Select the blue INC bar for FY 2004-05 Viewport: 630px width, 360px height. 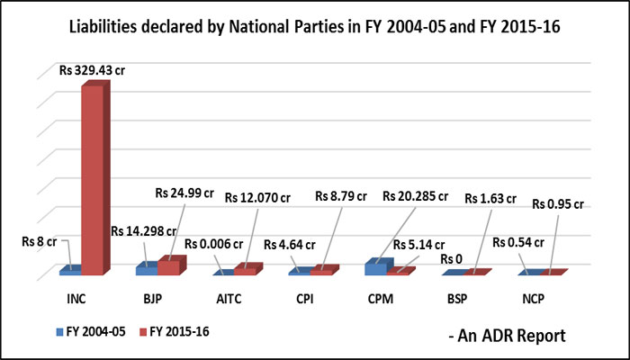click(x=70, y=270)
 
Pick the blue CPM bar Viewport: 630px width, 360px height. click(x=375, y=267)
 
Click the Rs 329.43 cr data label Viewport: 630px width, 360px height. click(x=86, y=69)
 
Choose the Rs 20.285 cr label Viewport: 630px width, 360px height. click(x=418, y=195)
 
